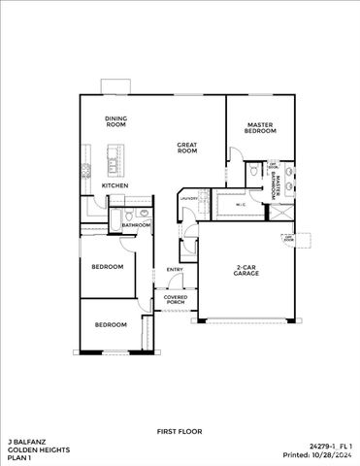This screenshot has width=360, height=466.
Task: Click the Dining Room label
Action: click(x=116, y=122)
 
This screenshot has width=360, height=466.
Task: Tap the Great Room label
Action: click(x=187, y=149)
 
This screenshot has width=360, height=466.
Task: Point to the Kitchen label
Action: click(x=115, y=185)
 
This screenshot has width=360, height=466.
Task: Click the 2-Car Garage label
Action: click(x=246, y=271)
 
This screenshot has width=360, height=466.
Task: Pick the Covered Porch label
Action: click(x=175, y=299)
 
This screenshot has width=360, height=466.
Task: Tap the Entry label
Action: click(x=175, y=269)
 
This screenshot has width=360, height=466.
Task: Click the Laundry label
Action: click(x=189, y=200)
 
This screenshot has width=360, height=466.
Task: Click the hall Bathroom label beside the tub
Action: click(x=136, y=225)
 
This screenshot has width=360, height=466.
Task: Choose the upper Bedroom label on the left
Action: click(x=107, y=266)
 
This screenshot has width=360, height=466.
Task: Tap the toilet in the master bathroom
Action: click(x=252, y=171)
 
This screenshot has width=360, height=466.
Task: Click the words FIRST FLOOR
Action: click(x=179, y=429)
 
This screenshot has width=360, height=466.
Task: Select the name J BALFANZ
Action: click(x=25, y=439)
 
